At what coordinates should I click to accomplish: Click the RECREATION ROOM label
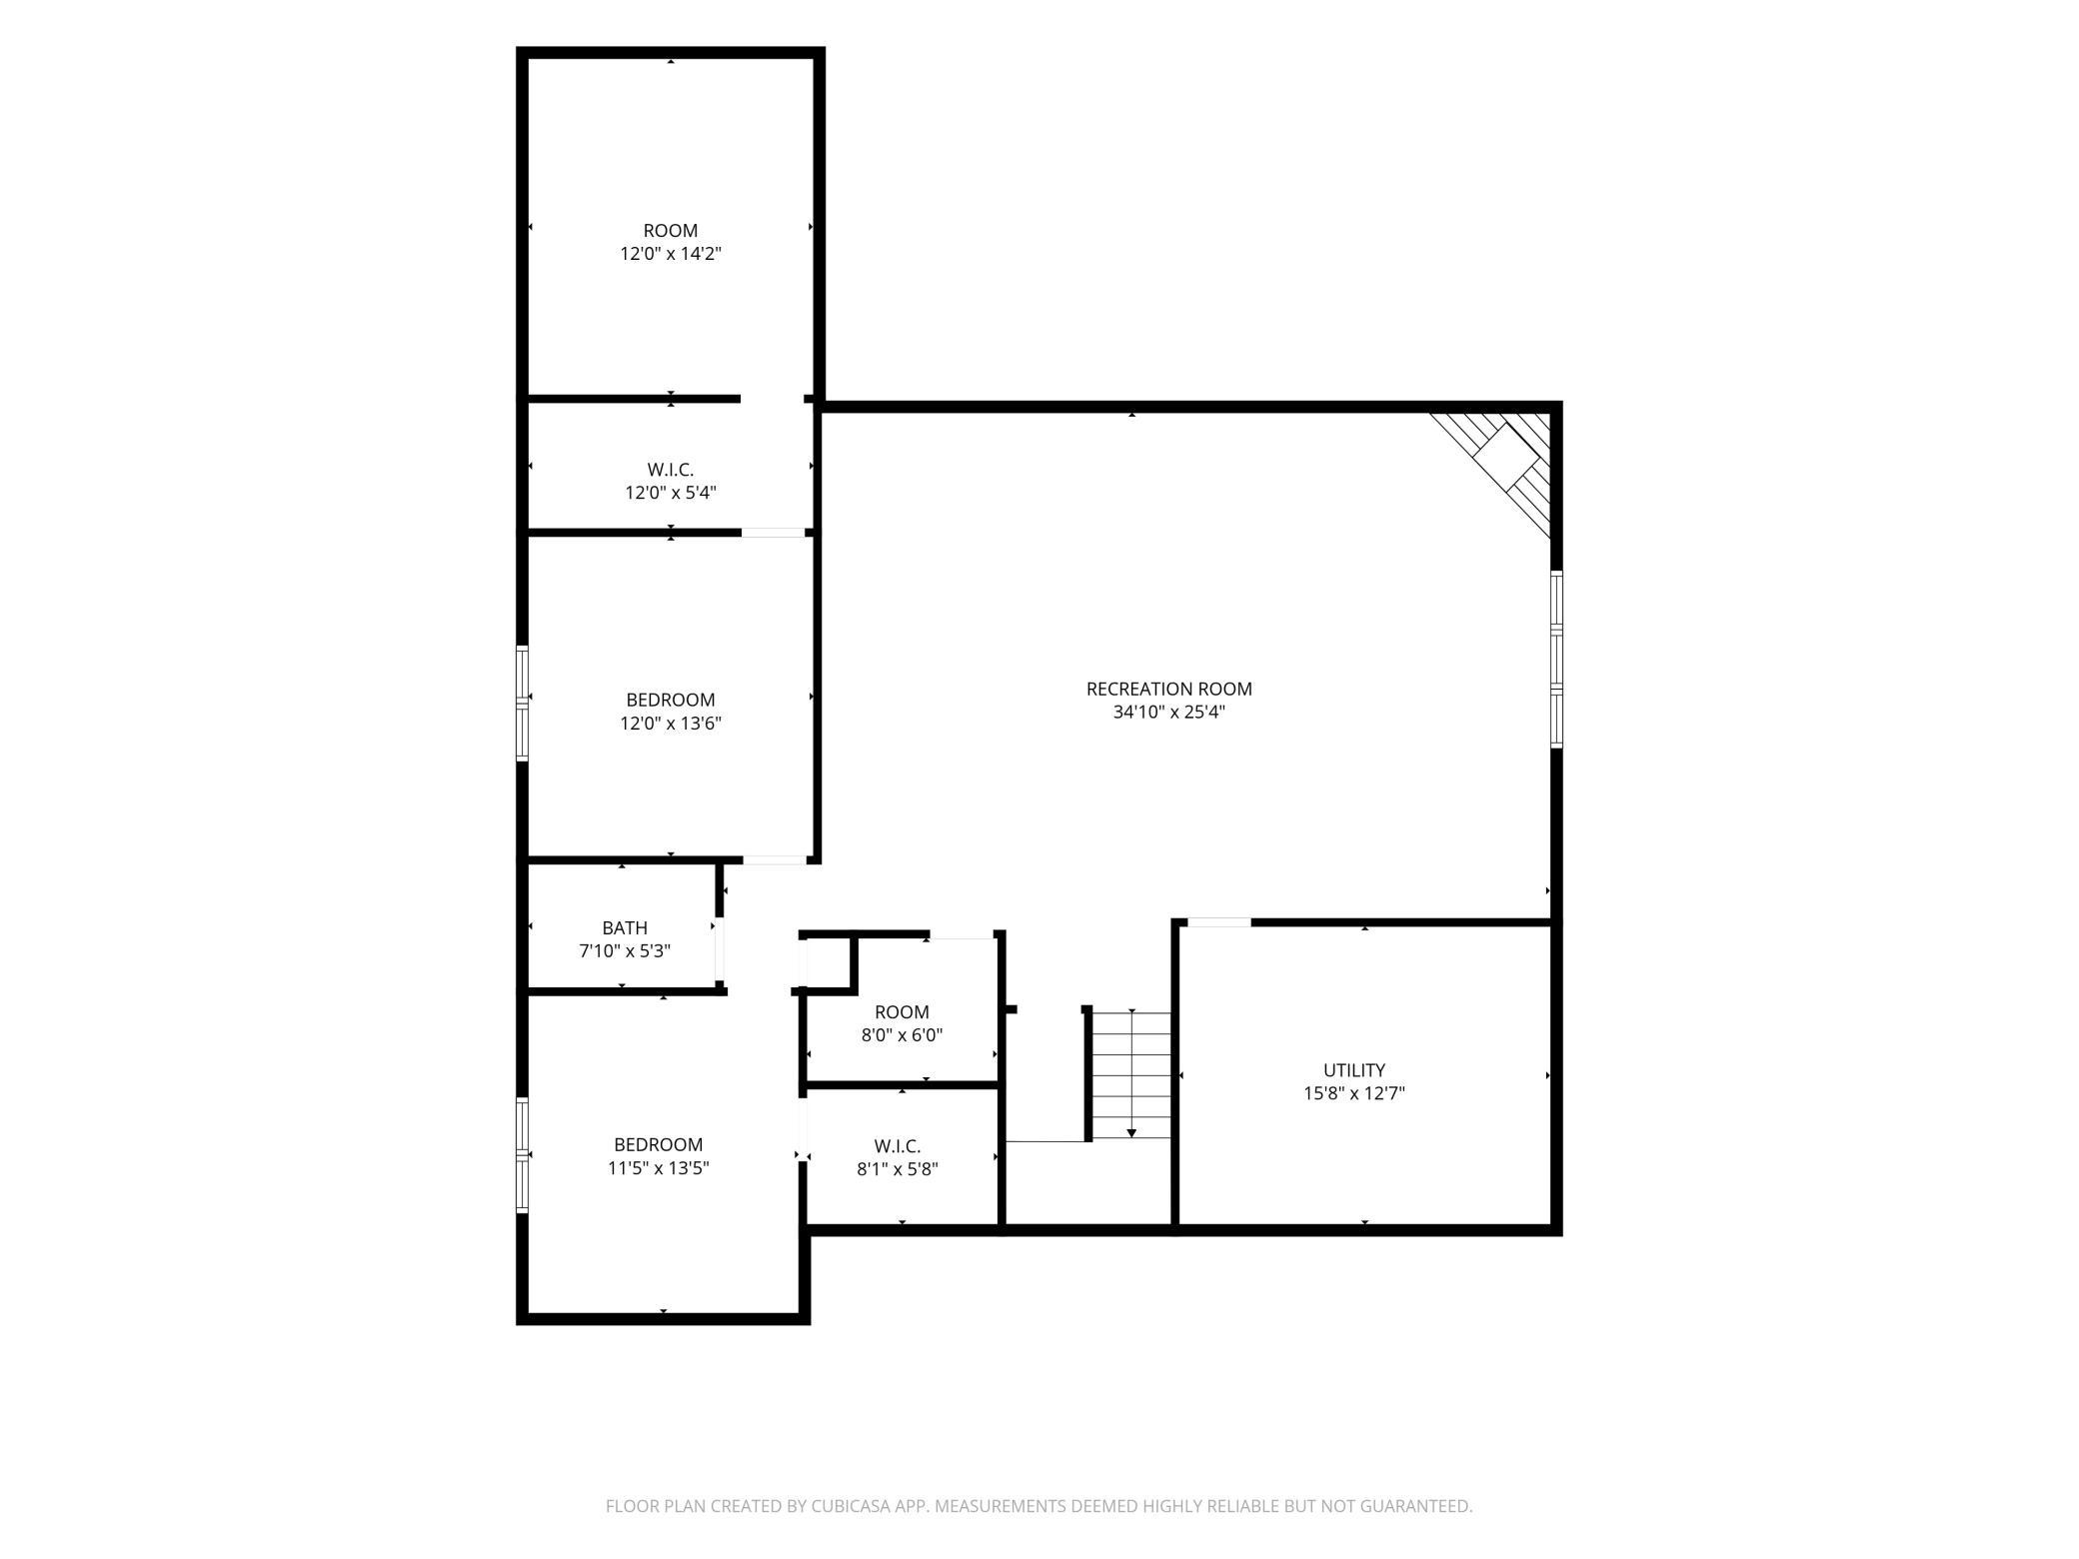(x=1168, y=689)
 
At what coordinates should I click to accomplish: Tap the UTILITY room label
(x=1354, y=1069)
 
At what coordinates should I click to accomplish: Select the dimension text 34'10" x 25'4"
(x=1168, y=713)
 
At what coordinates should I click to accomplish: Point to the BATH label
(x=625, y=927)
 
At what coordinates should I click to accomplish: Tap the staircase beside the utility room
(x=1130, y=1075)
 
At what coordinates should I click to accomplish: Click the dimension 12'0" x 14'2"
(x=671, y=254)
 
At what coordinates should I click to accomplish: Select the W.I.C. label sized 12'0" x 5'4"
(x=671, y=469)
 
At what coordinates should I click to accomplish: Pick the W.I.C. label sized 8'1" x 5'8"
(x=898, y=1145)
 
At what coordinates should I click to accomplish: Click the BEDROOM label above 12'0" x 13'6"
(x=671, y=700)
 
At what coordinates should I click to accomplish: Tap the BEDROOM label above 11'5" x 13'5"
(x=659, y=1144)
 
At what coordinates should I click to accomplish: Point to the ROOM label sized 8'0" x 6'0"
(x=902, y=1011)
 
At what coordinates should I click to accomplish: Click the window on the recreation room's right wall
(x=1556, y=659)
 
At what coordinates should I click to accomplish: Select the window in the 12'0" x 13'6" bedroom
(x=522, y=705)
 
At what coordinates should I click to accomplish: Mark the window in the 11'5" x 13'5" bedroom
(x=522, y=1155)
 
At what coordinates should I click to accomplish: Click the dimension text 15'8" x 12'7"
(x=1354, y=1093)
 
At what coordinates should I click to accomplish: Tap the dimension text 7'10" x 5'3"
(x=625, y=951)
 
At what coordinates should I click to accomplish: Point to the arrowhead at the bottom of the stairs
(x=1131, y=1133)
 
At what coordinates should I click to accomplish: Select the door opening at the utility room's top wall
(x=1219, y=922)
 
